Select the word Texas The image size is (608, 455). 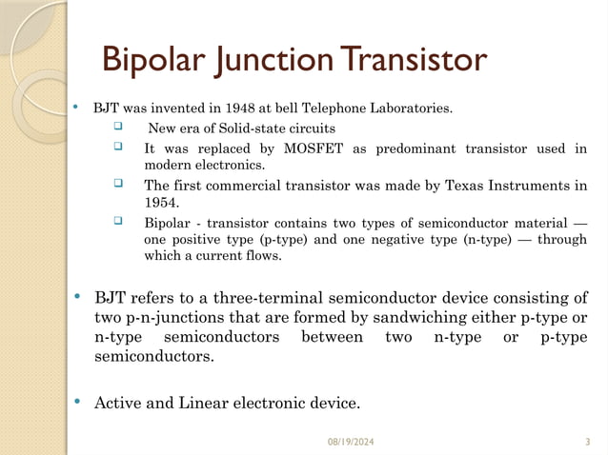[471, 185]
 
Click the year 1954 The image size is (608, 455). [160, 203]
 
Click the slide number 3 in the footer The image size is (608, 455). [586, 442]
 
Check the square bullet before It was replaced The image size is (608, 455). [118, 148]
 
